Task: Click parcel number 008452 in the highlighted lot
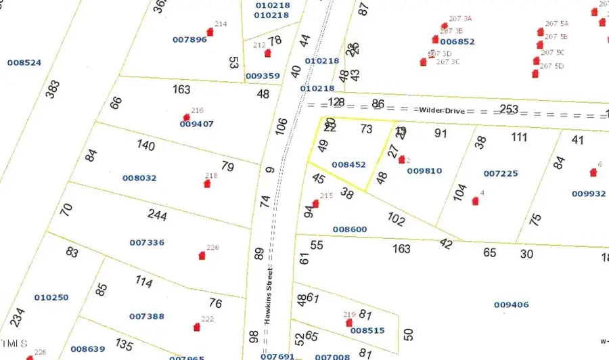point(348,164)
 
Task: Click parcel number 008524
point(24,63)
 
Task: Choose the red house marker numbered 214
point(210,32)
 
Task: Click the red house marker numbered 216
point(187,117)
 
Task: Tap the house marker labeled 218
point(207,183)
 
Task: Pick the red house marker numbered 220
point(202,256)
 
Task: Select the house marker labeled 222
point(197,327)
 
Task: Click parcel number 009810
point(424,171)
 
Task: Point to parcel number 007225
point(501,174)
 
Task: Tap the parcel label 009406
point(511,305)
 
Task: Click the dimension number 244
point(157,215)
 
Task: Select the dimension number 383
point(53,89)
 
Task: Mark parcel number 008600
point(350,229)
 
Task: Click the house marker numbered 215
point(315,204)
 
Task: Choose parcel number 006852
point(457,41)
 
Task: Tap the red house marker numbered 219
point(350,322)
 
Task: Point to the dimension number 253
point(509,110)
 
